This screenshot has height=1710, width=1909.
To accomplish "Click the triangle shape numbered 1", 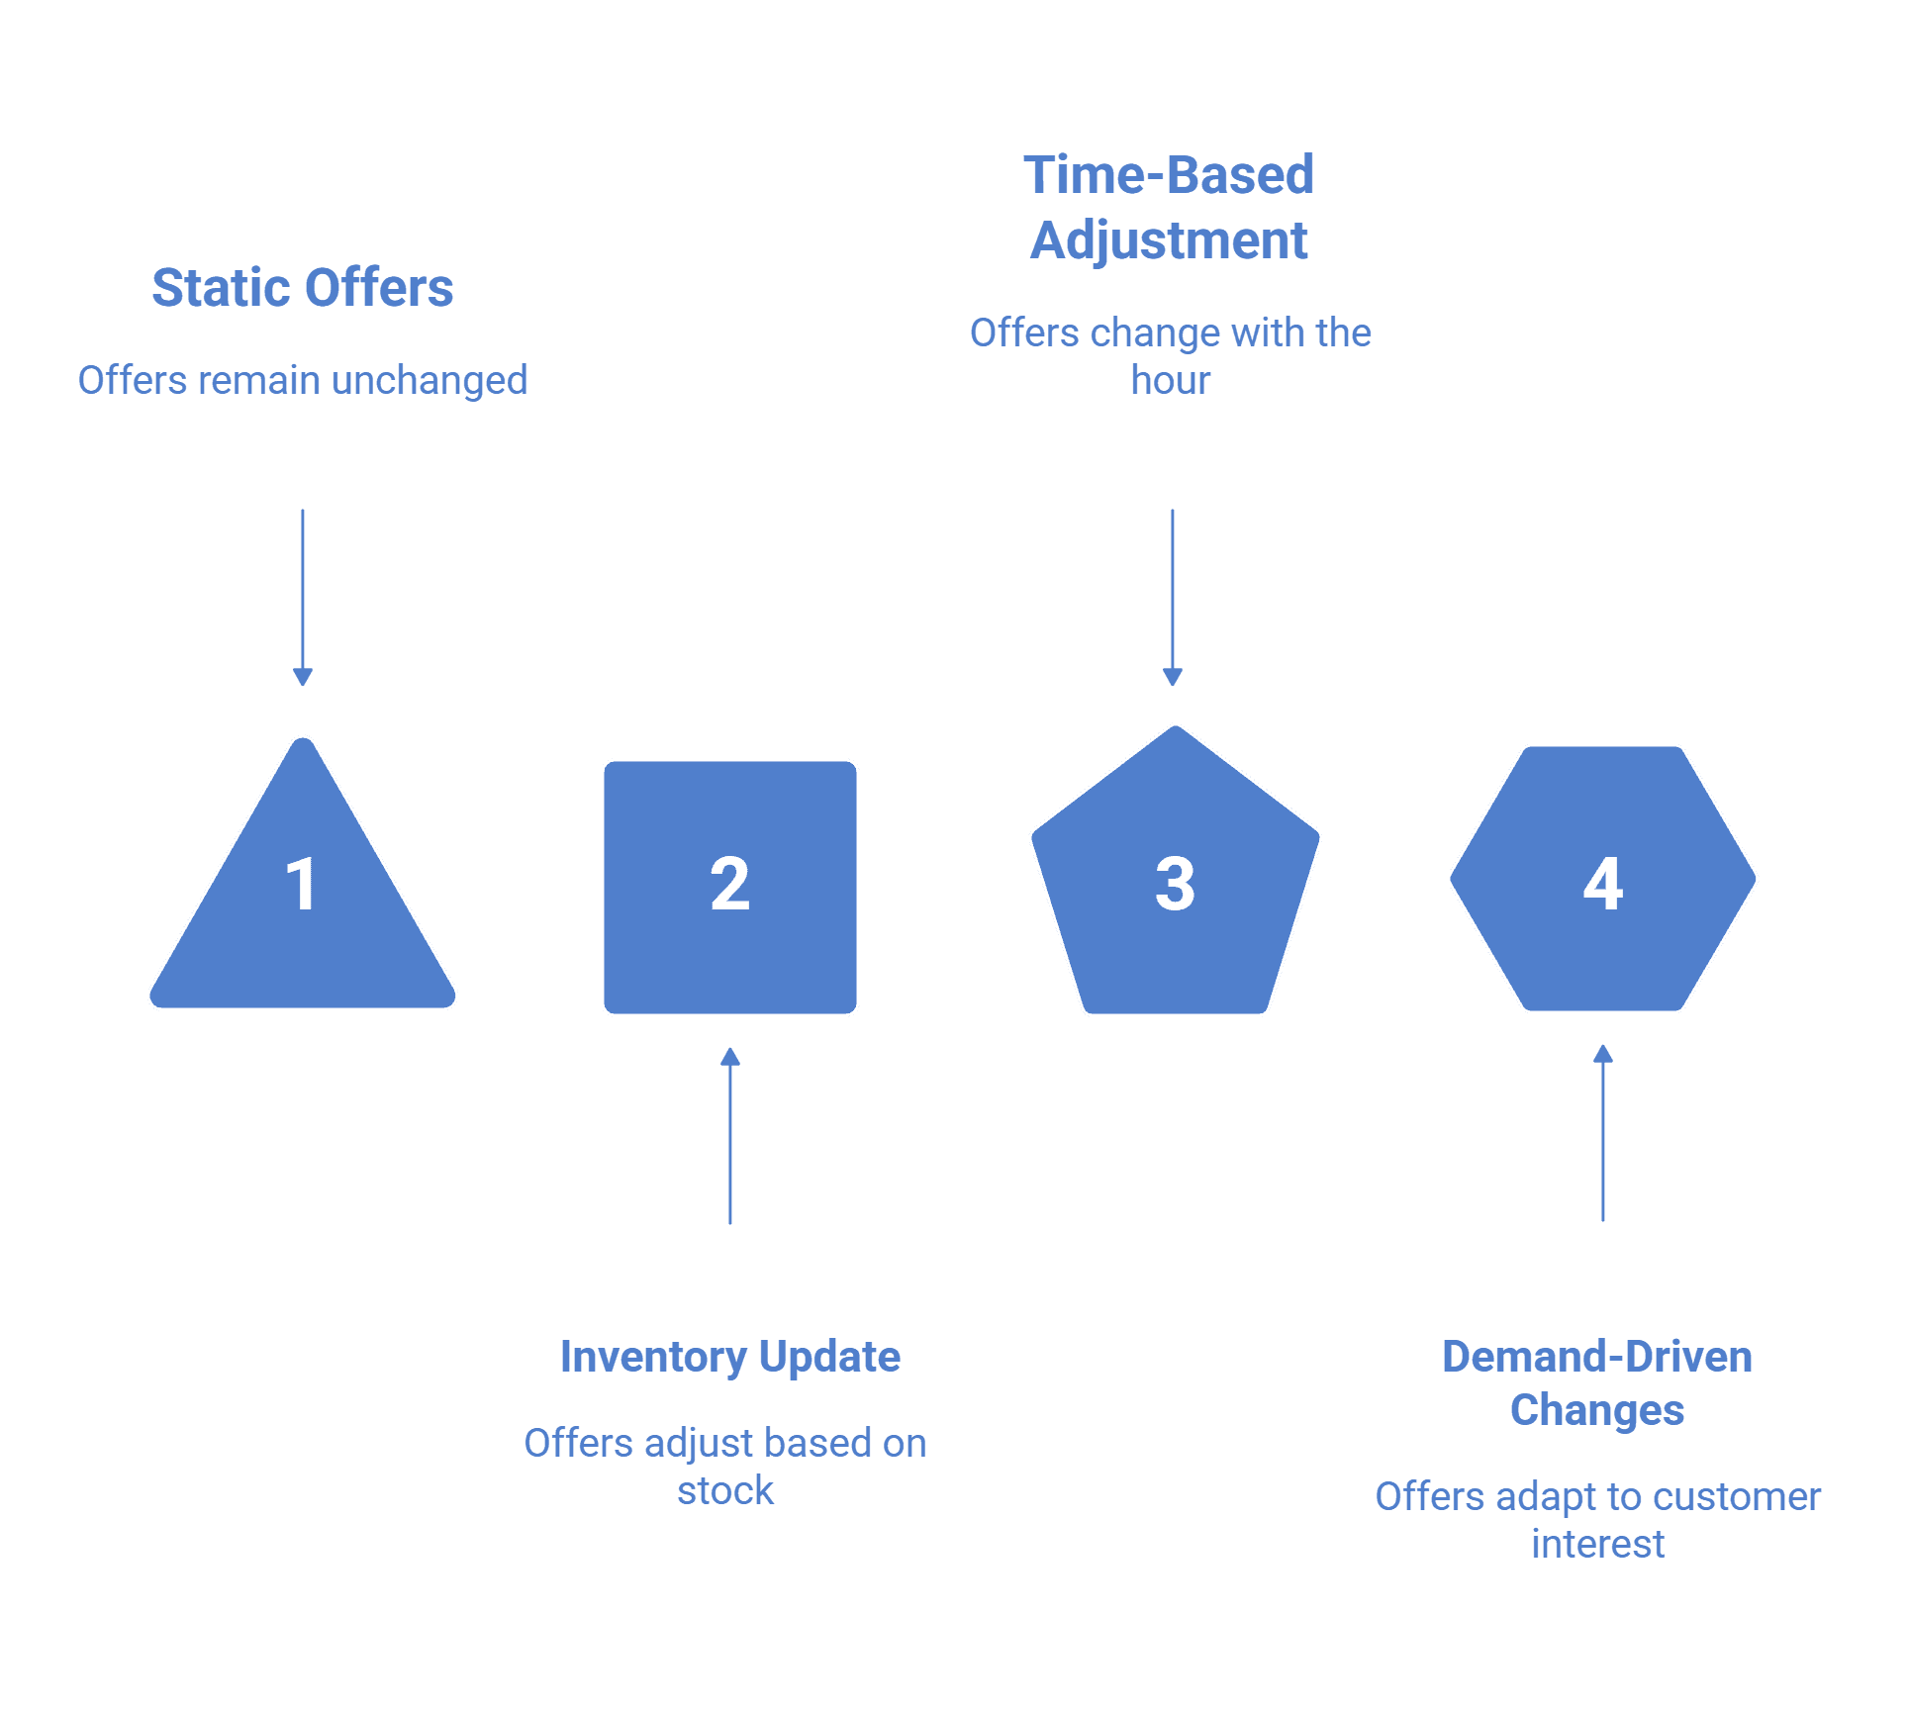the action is coord(303,891).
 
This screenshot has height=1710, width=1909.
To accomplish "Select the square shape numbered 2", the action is coord(730,887).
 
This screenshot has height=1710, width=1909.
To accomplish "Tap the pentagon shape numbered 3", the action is coord(1176,876).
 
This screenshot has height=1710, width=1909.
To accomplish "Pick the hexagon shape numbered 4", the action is coord(1603,879).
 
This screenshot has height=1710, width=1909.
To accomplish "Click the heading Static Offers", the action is coord(303,288).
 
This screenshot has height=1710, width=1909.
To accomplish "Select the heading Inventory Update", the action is coord(730,1357).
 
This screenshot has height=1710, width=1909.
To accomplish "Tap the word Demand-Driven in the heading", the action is coord(1597,1357).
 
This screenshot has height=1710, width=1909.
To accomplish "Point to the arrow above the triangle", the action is coord(303,598).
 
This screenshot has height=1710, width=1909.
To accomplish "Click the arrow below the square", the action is coord(730,1136).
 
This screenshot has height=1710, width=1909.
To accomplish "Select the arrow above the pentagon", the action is coord(1173,598).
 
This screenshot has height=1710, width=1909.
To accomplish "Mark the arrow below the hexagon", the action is coord(1603,1133).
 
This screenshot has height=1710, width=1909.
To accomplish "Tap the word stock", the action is coord(725,1490).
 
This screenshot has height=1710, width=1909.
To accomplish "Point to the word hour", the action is coord(1171,380).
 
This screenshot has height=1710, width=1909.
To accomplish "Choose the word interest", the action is coord(1598,1544).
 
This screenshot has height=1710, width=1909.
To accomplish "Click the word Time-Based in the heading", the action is coord(1169,175).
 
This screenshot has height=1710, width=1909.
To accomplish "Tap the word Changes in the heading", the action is coord(1597,1411).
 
